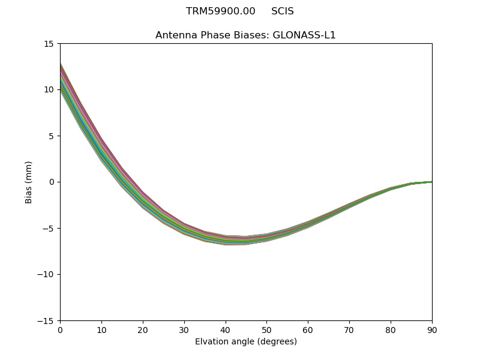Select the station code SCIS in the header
coord(283,11)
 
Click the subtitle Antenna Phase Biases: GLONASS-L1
coord(245,35)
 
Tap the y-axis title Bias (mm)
coord(29,182)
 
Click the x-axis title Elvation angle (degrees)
coord(246,342)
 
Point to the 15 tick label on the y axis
coord(49,44)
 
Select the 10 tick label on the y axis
coord(49,90)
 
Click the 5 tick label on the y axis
coord(51,136)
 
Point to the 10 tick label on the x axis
coord(101,330)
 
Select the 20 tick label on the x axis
coord(143,330)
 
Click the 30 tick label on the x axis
coord(184,330)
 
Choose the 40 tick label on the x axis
coord(226,330)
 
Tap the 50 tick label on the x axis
coord(266,330)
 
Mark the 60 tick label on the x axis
coord(308,330)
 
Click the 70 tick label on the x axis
coord(349,330)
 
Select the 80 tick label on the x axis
coord(391,330)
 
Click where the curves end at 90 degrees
coord(431,182)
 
